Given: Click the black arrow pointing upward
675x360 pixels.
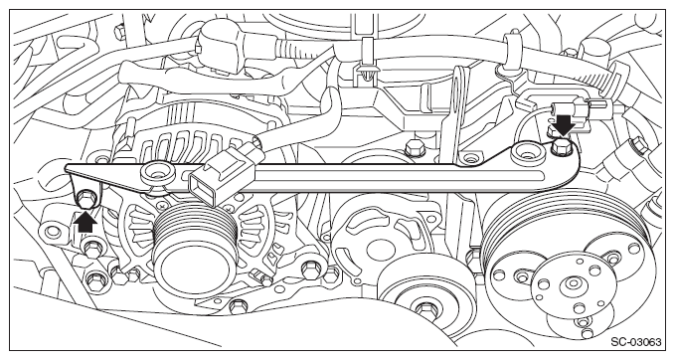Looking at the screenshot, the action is pyautogui.click(x=86, y=222).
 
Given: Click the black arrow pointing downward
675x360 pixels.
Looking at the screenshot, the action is pyautogui.click(x=565, y=124).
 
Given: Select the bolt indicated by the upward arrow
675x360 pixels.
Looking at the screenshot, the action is pyautogui.click(x=87, y=199).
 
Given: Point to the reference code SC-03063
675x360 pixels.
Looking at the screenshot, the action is pyautogui.click(x=635, y=343).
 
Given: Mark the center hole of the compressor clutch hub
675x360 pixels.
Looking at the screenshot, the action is pyautogui.click(x=573, y=283).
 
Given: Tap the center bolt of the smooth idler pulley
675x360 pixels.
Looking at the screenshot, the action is pyautogui.click(x=424, y=308).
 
